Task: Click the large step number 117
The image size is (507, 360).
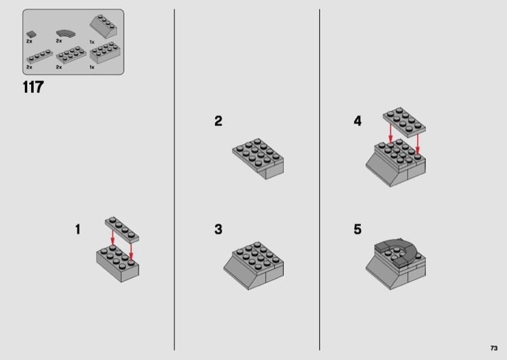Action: (x=33, y=87)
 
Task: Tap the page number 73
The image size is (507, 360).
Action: (x=493, y=348)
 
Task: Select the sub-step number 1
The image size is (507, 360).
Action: (x=78, y=230)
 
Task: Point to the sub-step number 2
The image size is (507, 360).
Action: (x=218, y=121)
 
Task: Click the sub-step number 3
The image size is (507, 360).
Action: (x=218, y=230)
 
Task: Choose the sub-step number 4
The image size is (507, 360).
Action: (x=358, y=121)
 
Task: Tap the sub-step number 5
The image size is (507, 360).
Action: (x=358, y=230)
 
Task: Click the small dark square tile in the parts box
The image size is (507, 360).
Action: (x=31, y=34)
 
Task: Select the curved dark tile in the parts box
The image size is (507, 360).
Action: (x=66, y=33)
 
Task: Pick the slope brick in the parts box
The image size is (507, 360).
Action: (x=103, y=27)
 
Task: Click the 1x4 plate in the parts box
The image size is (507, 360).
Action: (x=39, y=56)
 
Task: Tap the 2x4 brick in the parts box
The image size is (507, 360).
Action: (x=105, y=53)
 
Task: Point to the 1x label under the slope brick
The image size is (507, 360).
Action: (x=92, y=42)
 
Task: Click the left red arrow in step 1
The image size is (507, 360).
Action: (x=112, y=238)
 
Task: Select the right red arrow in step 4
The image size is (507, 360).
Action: (x=418, y=144)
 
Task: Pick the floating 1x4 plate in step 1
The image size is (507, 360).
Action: (x=122, y=230)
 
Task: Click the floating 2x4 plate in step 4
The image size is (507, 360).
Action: (x=404, y=122)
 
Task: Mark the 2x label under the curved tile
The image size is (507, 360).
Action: (x=59, y=41)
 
